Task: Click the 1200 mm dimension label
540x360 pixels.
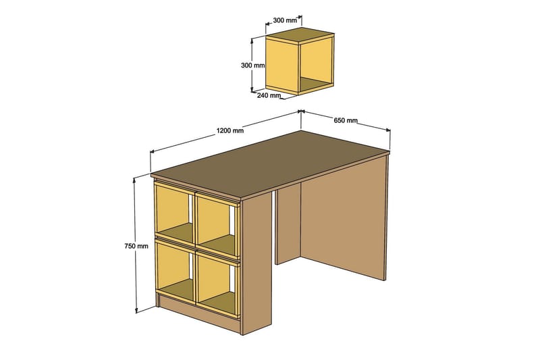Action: coord(230,131)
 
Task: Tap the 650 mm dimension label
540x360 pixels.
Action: coord(345,121)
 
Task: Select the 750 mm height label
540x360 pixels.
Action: coord(137,246)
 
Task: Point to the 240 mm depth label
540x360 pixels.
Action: coord(268,95)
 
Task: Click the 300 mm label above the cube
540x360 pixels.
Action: coord(285,21)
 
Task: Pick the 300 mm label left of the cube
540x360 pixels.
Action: coord(252,66)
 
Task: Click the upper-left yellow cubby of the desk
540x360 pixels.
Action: coord(174,213)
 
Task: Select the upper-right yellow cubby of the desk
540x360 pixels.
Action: coord(216,224)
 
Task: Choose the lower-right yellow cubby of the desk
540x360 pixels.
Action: coord(216,282)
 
